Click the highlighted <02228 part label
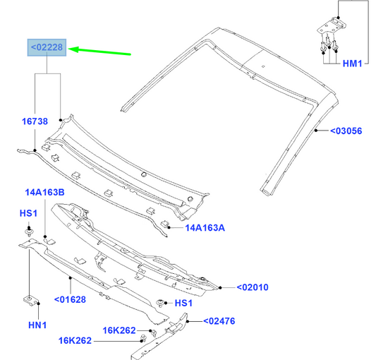pyautogui.click(x=47, y=47)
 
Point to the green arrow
pyautogui.click(x=99, y=52)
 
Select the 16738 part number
pyautogui.click(x=35, y=121)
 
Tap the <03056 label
pyautogui.click(x=346, y=131)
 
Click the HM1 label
pyautogui.click(x=352, y=64)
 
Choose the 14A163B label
pyautogui.click(x=45, y=193)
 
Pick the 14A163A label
pyautogui.click(x=205, y=228)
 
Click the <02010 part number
pyautogui.click(x=253, y=287)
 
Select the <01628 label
pyautogui.click(x=70, y=299)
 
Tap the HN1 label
pyautogui.click(x=37, y=325)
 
